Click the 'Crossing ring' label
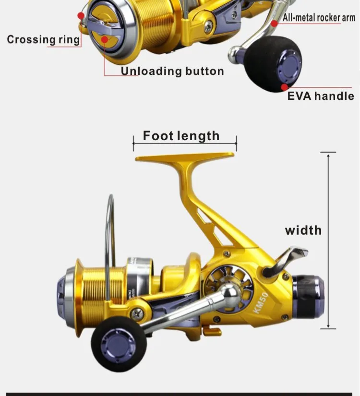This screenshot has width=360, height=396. point(44,40)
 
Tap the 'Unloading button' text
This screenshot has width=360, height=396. point(172,71)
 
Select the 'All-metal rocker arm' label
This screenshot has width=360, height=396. point(319,18)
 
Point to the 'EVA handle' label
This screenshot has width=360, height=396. point(321,96)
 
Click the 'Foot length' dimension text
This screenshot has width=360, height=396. point(181,136)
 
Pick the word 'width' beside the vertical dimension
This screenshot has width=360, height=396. point(303,230)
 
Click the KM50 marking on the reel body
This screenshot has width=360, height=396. point(261,302)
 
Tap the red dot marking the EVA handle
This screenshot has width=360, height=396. point(285,87)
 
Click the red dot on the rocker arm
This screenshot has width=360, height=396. point(275,24)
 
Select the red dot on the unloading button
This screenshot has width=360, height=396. point(105,40)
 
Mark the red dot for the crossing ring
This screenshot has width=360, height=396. point(81,16)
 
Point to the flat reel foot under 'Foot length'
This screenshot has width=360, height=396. point(185,156)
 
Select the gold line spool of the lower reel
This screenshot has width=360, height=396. point(101,298)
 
